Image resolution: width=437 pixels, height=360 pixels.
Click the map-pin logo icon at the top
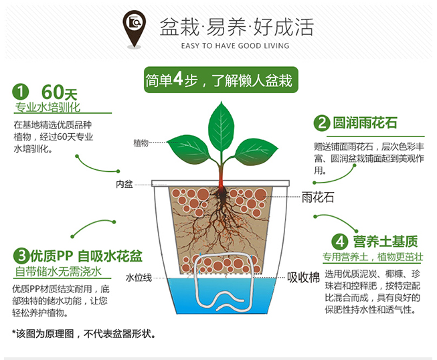coord(134,28)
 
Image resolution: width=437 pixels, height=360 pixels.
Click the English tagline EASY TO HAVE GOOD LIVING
coord(235,46)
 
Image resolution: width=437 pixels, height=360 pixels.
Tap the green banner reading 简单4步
coord(221,80)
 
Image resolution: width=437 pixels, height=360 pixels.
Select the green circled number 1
coord(21,92)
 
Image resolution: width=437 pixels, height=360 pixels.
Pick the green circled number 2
coord(322,122)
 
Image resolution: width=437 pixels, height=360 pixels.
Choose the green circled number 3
coord(21,256)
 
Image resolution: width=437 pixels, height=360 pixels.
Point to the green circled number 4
coord(340,242)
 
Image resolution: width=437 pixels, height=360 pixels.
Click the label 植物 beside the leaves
coord(141,143)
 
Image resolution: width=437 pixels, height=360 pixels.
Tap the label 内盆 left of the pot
coord(124,184)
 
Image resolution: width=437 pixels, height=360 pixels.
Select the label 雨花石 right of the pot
coord(318,197)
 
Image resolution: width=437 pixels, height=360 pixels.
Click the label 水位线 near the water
coord(139,278)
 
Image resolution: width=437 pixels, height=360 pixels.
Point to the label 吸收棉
coord(304,277)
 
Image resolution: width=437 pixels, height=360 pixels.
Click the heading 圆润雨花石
coord(365,123)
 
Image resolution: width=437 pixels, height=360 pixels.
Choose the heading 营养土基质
coord(385,242)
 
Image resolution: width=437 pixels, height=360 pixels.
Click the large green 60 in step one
coord(52,92)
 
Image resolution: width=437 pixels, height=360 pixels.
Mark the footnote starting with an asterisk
coord(84,333)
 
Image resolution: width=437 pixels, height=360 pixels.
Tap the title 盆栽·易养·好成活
coord(237,27)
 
